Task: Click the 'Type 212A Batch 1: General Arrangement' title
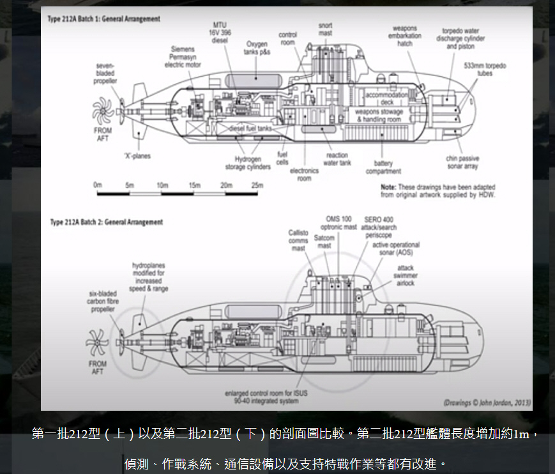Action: point(103,19)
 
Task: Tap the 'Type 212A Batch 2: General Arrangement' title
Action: point(106,222)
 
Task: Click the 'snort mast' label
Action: point(325,29)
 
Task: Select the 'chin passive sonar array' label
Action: point(463,162)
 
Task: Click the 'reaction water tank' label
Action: point(337,159)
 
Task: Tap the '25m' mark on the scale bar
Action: point(257,185)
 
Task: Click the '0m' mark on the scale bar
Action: point(98,185)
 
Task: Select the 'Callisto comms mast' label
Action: point(298,240)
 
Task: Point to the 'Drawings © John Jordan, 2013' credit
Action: point(487,402)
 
